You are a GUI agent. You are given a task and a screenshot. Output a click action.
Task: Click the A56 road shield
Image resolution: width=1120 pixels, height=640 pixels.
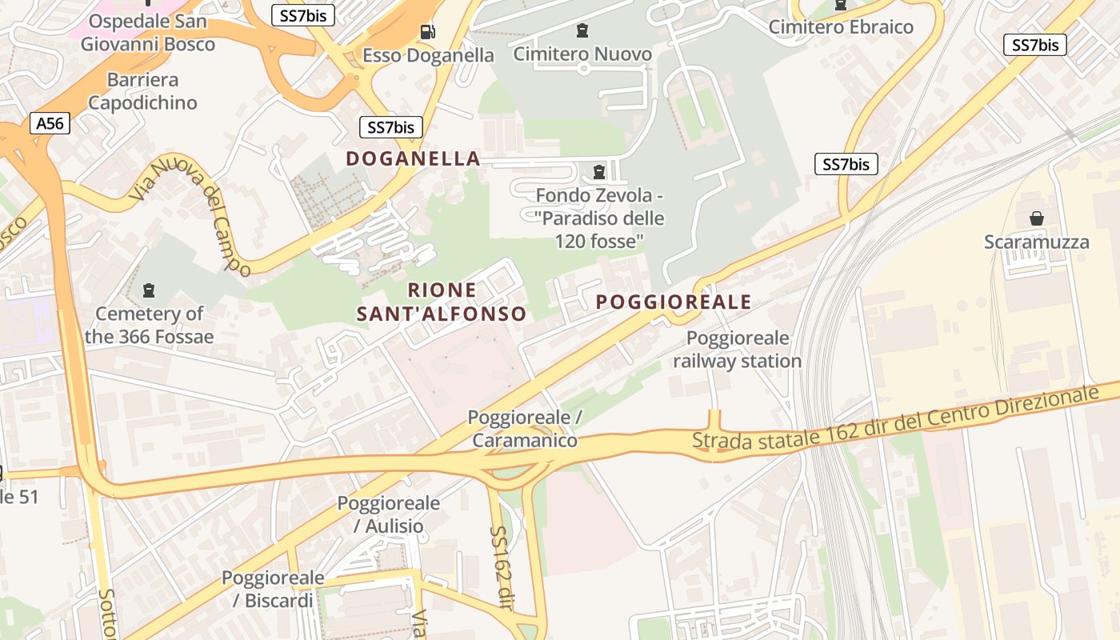50,123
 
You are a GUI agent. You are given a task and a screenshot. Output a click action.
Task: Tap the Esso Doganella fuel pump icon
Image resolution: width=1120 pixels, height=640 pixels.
428,32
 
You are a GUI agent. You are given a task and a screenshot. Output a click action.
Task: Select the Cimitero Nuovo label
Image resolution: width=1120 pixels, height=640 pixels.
582,54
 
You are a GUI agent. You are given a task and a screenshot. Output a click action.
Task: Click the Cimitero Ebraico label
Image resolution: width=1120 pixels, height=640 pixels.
841,26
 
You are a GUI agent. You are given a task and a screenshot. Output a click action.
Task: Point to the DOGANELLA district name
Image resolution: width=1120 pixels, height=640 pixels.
413,158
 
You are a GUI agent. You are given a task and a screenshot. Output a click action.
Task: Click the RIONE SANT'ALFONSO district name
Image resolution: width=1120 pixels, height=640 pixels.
442,302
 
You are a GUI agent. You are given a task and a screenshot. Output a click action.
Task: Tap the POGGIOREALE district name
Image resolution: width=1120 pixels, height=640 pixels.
674,302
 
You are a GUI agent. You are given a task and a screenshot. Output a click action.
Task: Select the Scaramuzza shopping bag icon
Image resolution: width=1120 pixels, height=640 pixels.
1037,218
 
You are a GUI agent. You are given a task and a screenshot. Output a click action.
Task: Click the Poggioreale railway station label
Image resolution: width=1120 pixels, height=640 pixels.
737,350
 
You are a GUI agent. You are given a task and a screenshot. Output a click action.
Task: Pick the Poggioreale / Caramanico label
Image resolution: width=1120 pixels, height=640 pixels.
524,429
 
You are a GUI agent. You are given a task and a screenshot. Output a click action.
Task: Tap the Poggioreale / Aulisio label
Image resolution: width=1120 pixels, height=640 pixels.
388,514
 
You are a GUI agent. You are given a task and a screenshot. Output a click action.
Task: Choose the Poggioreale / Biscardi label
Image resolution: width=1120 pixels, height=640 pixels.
273,589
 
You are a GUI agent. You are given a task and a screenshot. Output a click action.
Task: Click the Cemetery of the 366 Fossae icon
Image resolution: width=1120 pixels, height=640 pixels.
148,290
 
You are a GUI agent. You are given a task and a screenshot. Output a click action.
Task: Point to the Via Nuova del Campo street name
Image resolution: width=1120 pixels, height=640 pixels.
191,214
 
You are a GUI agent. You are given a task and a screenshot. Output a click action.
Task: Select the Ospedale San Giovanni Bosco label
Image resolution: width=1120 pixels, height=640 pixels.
148,32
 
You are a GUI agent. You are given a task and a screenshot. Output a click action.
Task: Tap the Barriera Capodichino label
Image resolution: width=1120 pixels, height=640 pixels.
142,91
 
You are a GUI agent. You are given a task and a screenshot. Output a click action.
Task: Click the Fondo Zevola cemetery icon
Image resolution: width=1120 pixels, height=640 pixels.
598,171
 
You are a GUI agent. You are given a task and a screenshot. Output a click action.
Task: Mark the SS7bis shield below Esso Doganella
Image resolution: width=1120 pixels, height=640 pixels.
390,126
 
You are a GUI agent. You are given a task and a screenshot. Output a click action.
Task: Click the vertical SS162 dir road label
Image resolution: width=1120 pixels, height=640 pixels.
500,566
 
